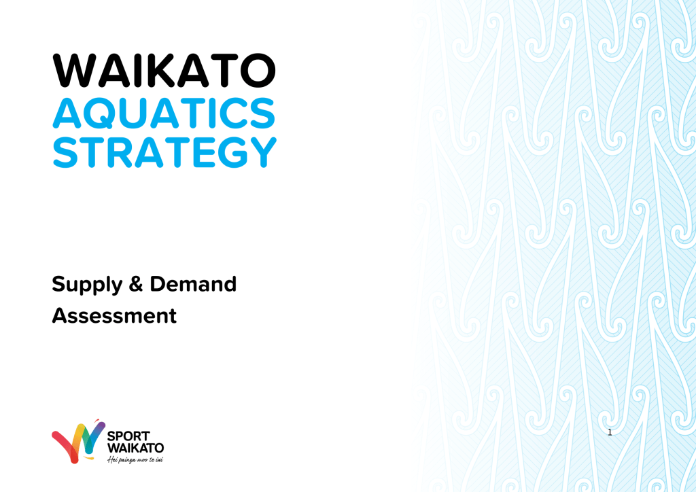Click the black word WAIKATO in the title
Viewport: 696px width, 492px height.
164,71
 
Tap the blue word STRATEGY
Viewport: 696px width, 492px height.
164,152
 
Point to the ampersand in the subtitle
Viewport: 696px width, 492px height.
136,284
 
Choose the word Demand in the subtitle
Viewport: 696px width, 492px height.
193,284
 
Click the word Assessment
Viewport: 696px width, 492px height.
114,316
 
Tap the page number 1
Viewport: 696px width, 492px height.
610,432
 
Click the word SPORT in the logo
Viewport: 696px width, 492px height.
128,436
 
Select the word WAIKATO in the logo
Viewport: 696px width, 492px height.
135,448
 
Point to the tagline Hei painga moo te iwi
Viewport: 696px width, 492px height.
135,460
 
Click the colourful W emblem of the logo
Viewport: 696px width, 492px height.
78,442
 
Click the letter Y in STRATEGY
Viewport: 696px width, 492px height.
262,152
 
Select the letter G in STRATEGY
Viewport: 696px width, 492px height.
232,152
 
